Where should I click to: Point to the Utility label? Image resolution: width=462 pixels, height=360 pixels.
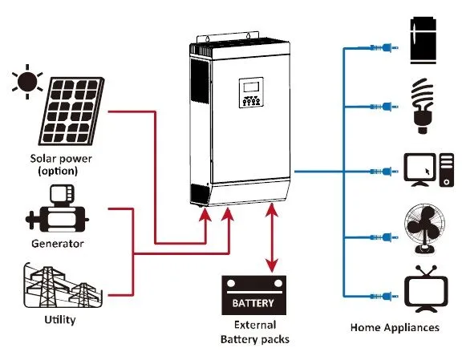pyautogui.click(x=59, y=320)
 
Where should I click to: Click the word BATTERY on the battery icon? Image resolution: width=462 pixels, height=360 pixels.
pyautogui.click(x=253, y=304)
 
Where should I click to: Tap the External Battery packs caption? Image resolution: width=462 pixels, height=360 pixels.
pyautogui.click(x=253, y=333)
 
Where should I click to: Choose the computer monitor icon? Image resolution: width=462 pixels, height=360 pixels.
pyautogui.click(x=422, y=171)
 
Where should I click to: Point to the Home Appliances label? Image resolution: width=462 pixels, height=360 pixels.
pyautogui.click(x=395, y=327)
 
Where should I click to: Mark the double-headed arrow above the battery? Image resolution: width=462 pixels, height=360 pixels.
pyautogui.click(x=274, y=237)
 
